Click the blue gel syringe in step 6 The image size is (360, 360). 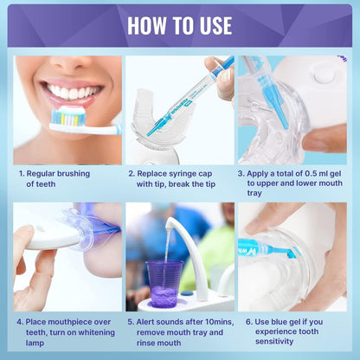(268, 248)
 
